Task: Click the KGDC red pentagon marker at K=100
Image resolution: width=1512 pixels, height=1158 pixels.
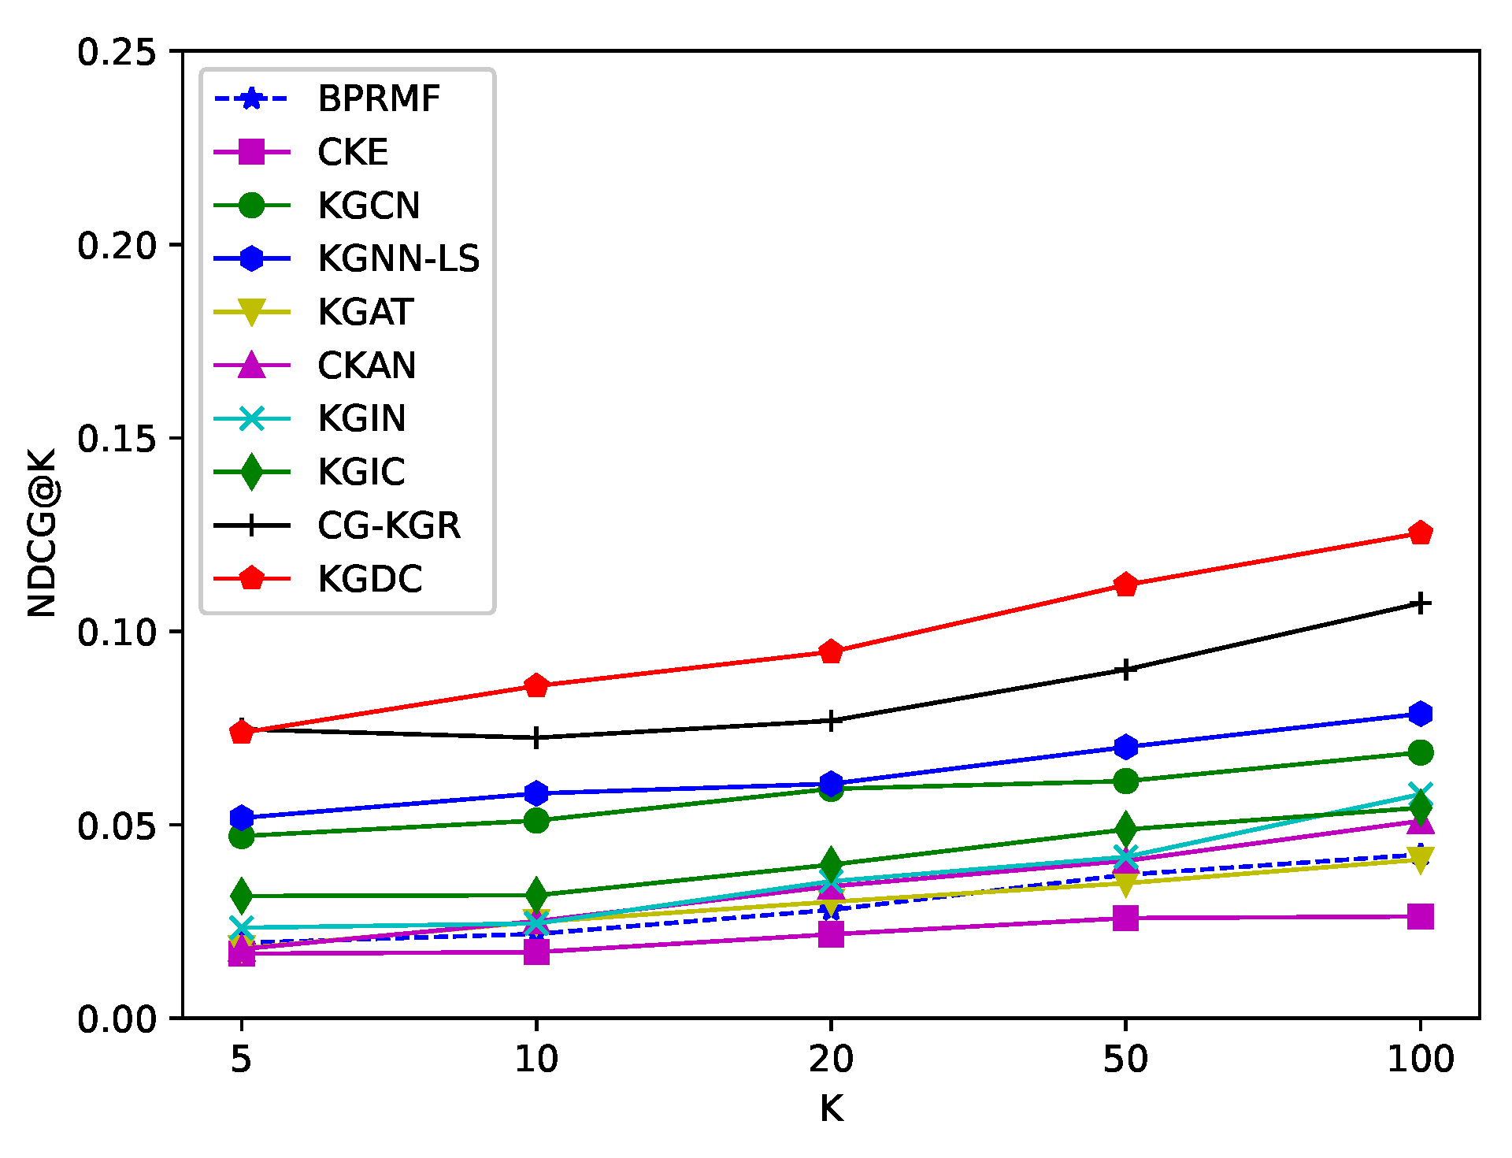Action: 1420,533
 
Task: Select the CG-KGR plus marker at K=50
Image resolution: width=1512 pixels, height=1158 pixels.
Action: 1126,670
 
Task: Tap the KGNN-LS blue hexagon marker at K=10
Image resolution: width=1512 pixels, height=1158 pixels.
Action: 536,792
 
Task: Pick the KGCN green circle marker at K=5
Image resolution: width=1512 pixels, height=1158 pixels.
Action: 242,836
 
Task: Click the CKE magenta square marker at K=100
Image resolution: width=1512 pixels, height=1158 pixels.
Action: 1420,917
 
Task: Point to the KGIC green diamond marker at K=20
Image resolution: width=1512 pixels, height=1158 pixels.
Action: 831,863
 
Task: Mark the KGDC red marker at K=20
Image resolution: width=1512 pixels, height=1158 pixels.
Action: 831,651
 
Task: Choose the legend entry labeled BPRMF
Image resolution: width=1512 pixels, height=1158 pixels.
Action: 378,99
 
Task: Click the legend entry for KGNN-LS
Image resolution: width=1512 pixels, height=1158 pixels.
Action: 398,259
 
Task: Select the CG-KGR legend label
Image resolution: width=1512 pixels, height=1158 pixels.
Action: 388,525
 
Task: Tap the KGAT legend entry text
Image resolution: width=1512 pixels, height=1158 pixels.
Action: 365,313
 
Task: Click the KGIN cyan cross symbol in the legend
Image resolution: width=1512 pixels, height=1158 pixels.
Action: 251,418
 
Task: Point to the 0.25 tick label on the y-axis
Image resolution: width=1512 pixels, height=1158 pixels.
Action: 117,52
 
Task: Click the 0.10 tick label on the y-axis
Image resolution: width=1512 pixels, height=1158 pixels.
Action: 117,633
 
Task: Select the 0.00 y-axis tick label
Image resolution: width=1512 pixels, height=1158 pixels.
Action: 117,1019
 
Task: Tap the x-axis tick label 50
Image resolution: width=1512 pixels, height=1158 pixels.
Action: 1125,1060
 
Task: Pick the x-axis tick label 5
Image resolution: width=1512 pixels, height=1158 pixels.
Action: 241,1060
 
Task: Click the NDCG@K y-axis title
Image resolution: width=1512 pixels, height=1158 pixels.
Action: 43,533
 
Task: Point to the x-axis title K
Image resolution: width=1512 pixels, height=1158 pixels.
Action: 831,1109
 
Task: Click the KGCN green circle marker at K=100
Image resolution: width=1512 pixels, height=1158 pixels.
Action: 1420,752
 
